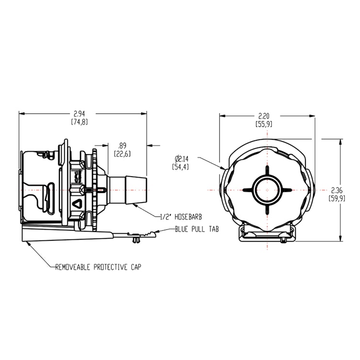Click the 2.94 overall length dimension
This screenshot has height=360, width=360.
click(x=80, y=118)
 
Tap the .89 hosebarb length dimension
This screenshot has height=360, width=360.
click(x=123, y=150)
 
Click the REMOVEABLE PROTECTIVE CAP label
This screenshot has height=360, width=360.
click(x=99, y=266)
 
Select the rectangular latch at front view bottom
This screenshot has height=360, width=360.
click(x=267, y=234)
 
